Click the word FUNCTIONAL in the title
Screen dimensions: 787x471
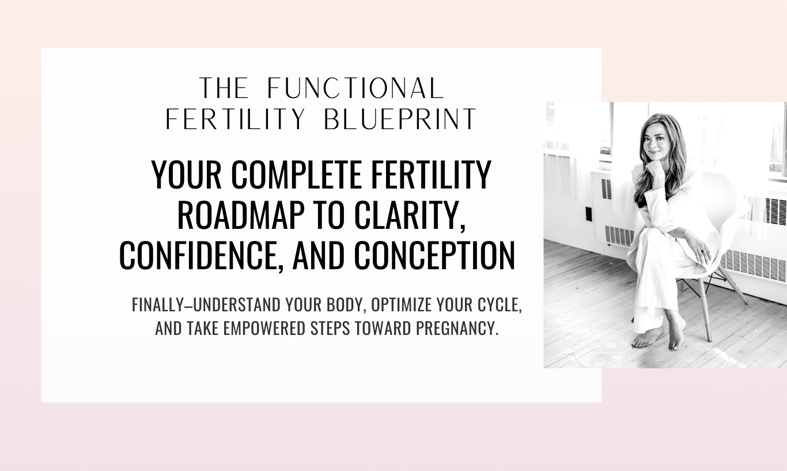pyautogui.click(x=355, y=88)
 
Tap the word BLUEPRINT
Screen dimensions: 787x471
pyautogui.click(x=400, y=119)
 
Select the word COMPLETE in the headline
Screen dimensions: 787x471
pyautogui.click(x=297, y=175)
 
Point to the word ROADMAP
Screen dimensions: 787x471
pyautogui.click(x=241, y=215)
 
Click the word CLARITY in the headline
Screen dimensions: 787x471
pyautogui.click(x=410, y=216)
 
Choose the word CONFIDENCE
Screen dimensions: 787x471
pyautogui.click(x=201, y=256)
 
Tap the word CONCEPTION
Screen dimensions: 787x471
pyautogui.click(x=434, y=255)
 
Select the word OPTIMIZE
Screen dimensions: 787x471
pyautogui.click(x=401, y=305)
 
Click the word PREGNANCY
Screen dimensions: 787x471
pyautogui.click(x=457, y=328)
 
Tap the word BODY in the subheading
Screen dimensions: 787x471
pyautogui.click(x=347, y=305)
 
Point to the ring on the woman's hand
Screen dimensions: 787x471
pyautogui.click(x=703, y=251)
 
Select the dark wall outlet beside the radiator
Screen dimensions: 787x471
pyautogui.click(x=589, y=214)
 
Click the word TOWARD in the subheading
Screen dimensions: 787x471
pyautogui.click(x=383, y=328)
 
